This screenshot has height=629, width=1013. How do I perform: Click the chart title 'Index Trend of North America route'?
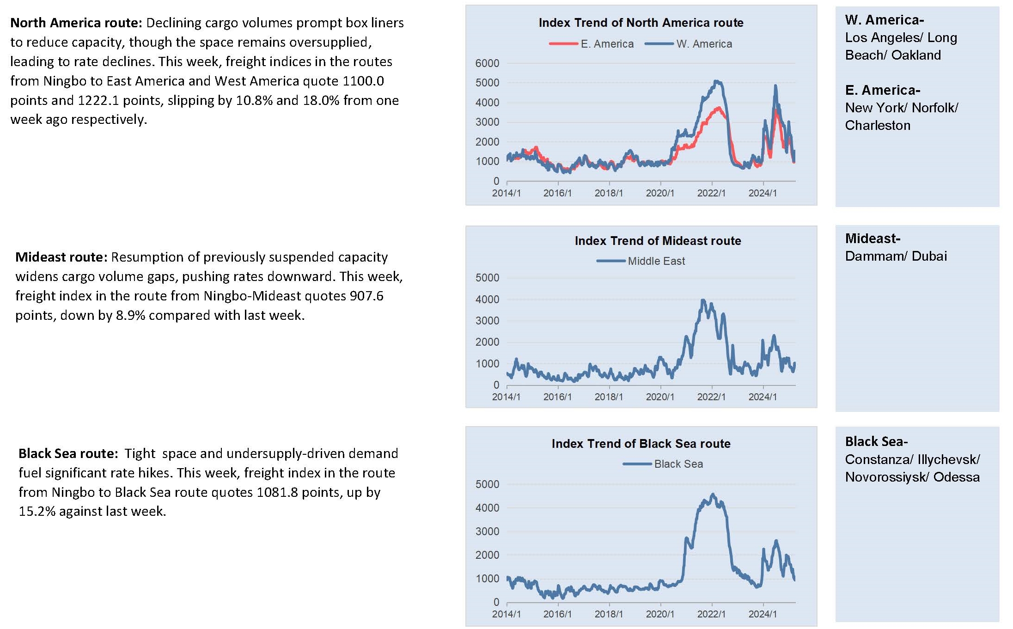[641, 23]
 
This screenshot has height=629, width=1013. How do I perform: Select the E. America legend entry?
[592, 44]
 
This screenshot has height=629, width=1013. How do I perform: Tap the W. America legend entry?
[689, 44]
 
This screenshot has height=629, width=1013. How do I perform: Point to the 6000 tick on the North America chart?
[487, 63]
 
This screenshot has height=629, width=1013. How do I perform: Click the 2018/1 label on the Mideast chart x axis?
[609, 397]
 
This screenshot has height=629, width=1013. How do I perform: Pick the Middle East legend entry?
[641, 261]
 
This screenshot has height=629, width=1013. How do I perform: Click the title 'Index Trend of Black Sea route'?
[641, 444]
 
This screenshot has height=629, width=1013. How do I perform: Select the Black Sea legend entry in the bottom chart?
[663, 464]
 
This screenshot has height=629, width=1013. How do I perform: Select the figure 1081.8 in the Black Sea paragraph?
[277, 492]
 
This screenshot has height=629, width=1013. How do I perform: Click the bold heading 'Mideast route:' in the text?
[61, 257]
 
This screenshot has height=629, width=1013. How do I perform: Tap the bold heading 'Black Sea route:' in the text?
[68, 453]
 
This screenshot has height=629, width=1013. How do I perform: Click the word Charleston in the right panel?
[878, 125]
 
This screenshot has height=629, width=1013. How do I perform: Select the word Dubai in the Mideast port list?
[929, 256]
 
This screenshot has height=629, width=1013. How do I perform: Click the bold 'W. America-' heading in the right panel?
[885, 20]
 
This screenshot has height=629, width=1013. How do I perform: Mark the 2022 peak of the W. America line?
[717, 81]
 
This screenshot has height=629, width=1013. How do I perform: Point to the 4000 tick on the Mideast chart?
[487, 299]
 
